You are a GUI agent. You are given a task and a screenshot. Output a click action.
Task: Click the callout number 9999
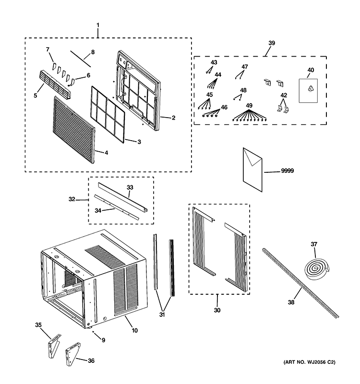coord(287,171)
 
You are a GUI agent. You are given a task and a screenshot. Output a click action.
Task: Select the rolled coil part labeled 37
coord(317,269)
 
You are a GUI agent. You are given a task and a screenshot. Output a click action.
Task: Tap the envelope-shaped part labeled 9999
coord(252,169)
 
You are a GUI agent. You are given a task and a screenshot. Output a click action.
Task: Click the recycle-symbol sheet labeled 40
coord(308,91)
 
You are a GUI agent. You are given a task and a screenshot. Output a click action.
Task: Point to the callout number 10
coord(135,330)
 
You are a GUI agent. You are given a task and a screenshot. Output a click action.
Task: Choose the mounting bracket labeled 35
coord(54,346)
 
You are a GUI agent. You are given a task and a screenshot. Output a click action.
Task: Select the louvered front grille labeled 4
coord(74,130)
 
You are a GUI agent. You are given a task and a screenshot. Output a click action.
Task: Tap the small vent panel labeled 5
coord(55,84)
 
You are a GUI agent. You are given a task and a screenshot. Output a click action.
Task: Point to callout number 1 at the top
coord(98,25)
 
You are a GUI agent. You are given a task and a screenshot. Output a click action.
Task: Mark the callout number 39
coord(272,43)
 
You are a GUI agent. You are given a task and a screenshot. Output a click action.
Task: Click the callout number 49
coord(249,106)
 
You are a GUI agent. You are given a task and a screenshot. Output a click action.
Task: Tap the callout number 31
coord(162,315)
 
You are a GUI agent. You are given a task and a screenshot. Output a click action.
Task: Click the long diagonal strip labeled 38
coord(301,283)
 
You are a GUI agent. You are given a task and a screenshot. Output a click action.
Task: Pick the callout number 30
coord(217,310)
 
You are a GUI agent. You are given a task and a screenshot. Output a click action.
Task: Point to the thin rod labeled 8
coord(81,59)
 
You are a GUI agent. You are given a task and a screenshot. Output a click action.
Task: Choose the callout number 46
coord(224,107)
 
